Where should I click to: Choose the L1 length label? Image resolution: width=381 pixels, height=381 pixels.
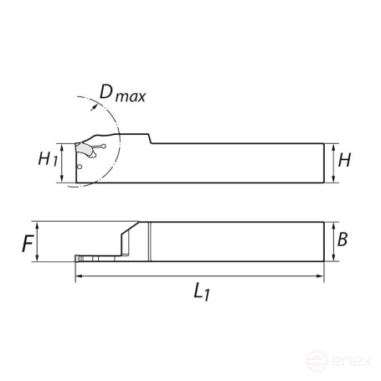pos(199,292)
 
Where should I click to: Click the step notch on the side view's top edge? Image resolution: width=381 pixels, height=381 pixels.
pos(152,138)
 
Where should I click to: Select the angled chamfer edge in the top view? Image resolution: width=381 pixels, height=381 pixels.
pos(130,228)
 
